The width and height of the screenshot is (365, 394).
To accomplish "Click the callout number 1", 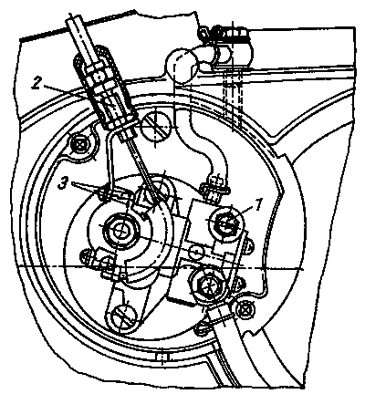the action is coord(257,205).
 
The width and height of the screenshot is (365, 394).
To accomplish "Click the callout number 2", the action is coord(36,84).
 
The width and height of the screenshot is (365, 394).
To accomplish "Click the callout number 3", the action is coord(64,184).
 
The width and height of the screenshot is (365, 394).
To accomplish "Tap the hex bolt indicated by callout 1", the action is coord(226,224).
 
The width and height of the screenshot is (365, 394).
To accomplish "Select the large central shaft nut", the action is coord(122,232).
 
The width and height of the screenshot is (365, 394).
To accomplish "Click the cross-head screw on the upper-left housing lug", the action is coord(79,144).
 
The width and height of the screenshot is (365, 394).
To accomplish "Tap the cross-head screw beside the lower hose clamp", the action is coord(245,310).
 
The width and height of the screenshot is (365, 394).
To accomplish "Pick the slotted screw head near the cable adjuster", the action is coord(157,125).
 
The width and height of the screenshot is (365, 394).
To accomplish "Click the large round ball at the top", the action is coord(181,66).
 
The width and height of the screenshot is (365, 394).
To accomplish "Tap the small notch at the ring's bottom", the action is coord(163,358).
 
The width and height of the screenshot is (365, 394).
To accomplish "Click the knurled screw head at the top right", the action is coord(231,32).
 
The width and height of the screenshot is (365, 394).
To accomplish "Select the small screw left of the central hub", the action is coord(86,255).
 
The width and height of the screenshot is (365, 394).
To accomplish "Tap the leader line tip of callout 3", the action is coord(103,192).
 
